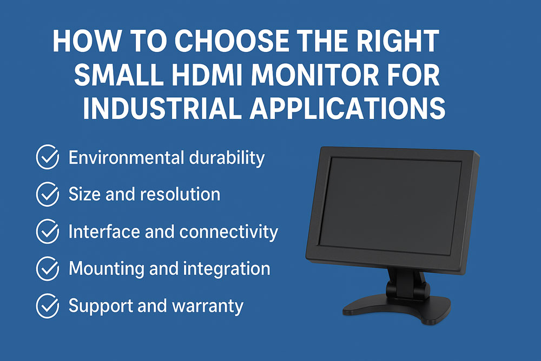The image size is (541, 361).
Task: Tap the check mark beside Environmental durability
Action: click(x=47, y=157)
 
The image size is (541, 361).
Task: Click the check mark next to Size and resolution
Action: click(x=47, y=194)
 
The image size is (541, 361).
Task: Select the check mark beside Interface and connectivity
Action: click(x=47, y=232)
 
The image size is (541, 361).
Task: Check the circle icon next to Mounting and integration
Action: click(x=47, y=268)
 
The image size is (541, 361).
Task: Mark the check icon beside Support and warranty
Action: click(x=47, y=306)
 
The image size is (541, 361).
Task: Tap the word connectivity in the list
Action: click(x=229, y=232)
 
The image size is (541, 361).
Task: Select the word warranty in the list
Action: click(x=208, y=306)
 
